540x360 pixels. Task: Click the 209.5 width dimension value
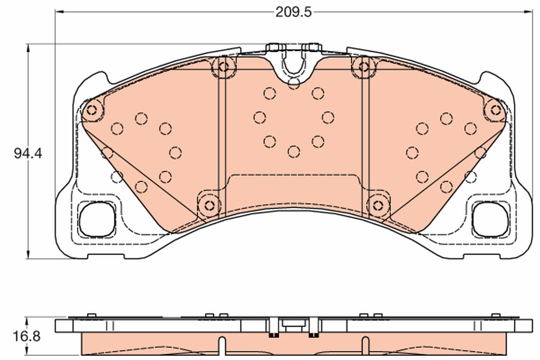[293, 12]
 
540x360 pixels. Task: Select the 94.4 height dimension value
[28, 153]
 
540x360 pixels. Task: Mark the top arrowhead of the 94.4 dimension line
[28, 46]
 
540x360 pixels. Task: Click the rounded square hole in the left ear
[96, 219]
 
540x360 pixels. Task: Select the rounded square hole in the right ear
[490, 219]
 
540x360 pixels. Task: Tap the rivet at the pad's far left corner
[92, 109]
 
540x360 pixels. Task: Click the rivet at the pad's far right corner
[495, 109]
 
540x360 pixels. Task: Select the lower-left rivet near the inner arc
[208, 205]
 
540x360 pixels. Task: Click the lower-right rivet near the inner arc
[377, 205]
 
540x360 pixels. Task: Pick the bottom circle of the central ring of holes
[293, 152]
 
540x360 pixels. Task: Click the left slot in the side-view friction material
[221, 346]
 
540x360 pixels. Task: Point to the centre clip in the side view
[293, 324]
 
